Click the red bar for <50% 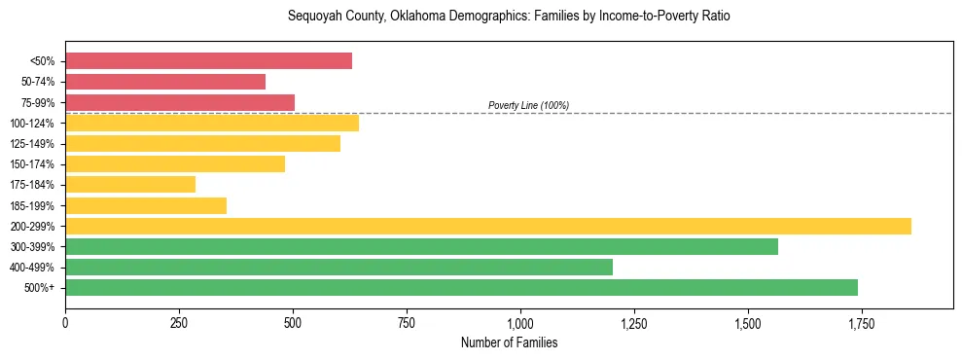[x=208, y=61]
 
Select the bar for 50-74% [x=165, y=82]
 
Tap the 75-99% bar [x=180, y=102]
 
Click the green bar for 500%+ [x=461, y=287]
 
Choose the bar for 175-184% [x=130, y=184]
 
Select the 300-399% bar [x=421, y=246]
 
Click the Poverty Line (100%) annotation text [x=528, y=105]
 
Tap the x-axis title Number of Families [x=509, y=343]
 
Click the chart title [x=508, y=17]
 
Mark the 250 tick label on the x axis [x=179, y=322]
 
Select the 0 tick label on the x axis [x=65, y=322]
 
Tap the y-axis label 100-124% [x=32, y=124]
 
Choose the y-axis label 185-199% [x=32, y=205]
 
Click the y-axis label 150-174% [x=32, y=164]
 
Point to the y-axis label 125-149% [x=32, y=144]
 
